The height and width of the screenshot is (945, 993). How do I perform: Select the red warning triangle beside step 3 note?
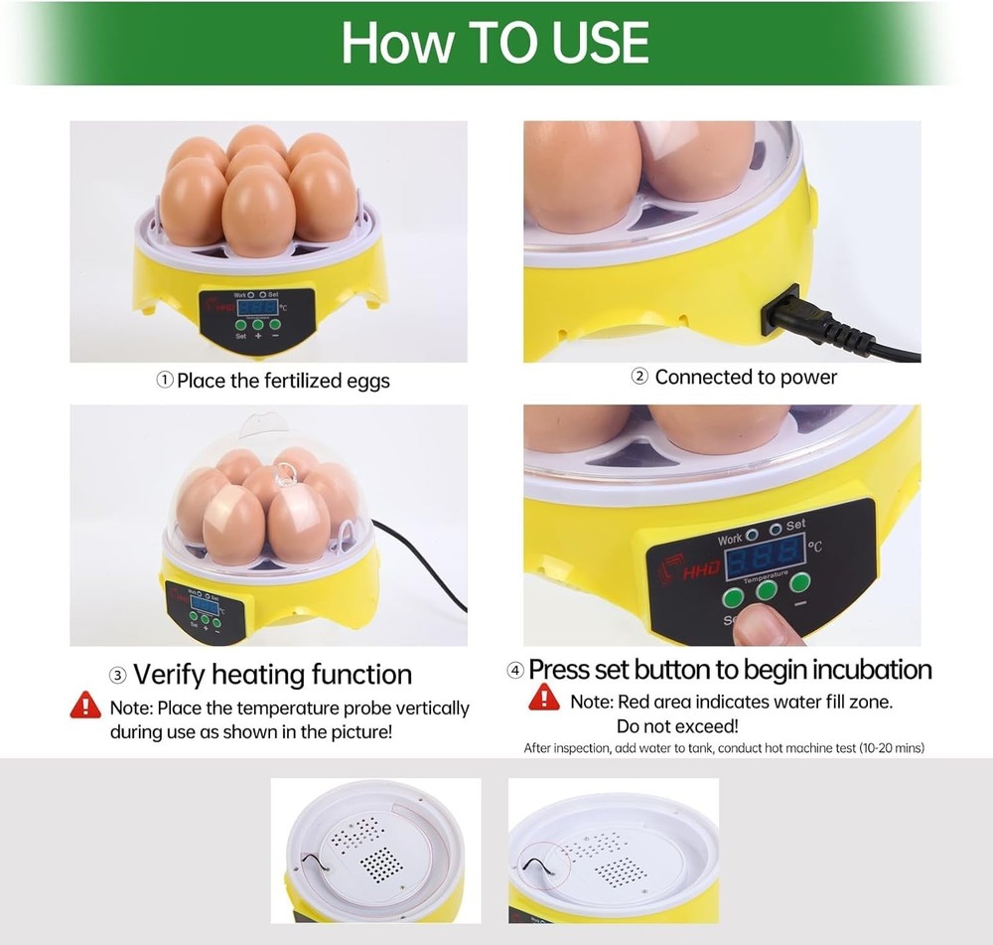tap(85, 706)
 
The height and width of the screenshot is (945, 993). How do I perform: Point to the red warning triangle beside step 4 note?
tap(543, 698)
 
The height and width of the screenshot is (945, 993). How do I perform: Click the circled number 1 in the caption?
tap(165, 381)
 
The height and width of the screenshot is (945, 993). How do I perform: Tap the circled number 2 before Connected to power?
tap(640, 377)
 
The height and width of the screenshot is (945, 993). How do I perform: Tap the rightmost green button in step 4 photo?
tap(800, 582)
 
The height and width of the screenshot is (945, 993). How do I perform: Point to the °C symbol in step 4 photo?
tap(815, 546)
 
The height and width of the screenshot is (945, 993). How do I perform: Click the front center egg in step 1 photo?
tap(257, 210)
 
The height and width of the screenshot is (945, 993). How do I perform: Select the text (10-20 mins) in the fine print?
tap(892, 747)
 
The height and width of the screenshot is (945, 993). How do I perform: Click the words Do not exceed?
tap(676, 726)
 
